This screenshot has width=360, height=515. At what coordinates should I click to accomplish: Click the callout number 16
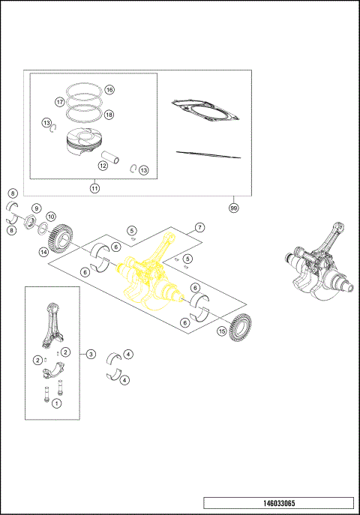(109, 89)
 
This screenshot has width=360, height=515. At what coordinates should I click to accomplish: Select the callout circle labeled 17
(59, 101)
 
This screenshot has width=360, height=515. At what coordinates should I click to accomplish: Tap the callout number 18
(109, 115)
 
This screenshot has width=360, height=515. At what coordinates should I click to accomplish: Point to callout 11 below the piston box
(94, 188)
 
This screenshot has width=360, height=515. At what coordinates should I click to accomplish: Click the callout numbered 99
(234, 207)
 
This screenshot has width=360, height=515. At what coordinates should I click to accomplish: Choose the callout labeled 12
(103, 165)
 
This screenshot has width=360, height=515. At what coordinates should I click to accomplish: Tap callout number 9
(35, 208)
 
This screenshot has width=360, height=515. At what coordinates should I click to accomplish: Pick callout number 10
(51, 217)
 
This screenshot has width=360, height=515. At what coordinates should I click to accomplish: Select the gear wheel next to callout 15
(241, 328)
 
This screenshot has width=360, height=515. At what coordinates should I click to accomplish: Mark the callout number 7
(199, 227)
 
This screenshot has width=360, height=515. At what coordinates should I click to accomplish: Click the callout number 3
(91, 353)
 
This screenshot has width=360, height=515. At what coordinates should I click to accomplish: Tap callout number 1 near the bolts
(56, 403)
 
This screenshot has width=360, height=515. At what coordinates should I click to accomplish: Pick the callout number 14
(44, 252)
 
